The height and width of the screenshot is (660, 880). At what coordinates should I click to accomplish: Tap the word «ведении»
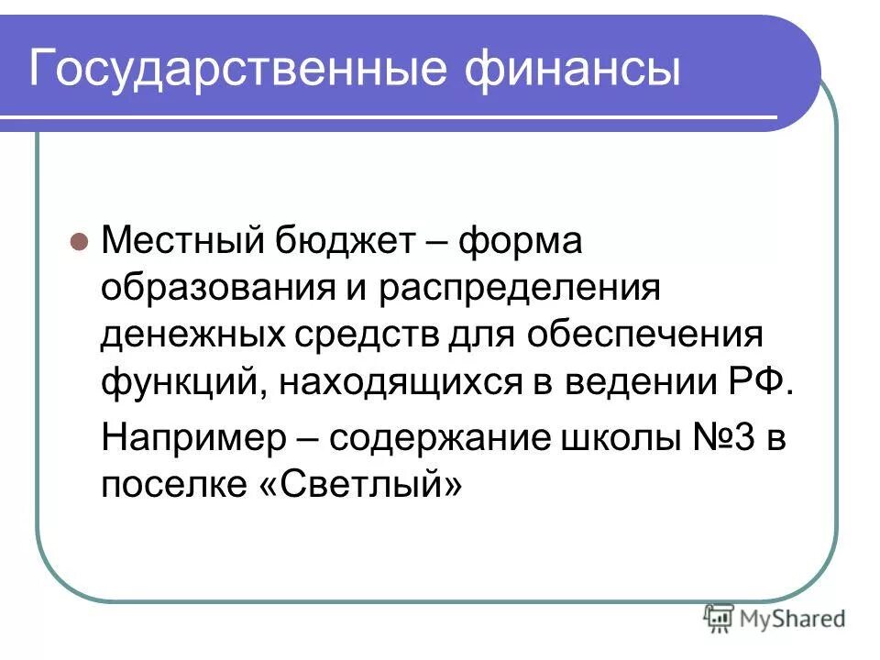[636, 379]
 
